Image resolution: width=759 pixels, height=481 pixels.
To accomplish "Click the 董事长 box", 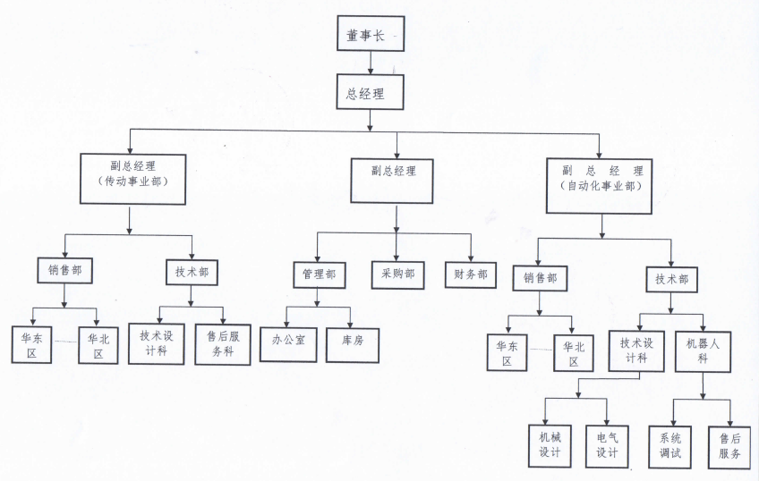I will click(x=371, y=35).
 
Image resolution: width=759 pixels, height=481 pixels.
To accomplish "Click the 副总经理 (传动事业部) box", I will click(x=132, y=180).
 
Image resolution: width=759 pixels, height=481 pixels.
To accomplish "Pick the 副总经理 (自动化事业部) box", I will click(x=601, y=184).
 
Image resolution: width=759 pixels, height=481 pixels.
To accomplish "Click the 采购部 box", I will click(x=397, y=274).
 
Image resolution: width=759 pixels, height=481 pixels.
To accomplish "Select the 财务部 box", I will click(x=470, y=274).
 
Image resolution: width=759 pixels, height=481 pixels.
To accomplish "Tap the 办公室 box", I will click(x=288, y=341).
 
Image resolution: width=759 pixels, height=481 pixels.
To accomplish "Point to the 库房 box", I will click(x=353, y=341).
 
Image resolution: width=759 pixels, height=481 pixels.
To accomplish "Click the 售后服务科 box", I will click(x=222, y=343).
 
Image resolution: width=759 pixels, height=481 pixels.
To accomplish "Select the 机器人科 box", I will click(x=702, y=350).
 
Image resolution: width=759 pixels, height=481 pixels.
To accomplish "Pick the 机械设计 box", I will click(x=549, y=444).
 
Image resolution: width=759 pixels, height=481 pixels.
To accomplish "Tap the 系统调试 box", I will click(x=671, y=444).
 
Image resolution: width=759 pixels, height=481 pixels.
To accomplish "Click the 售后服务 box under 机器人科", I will click(x=729, y=444).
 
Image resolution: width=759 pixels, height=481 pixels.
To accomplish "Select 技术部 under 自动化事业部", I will click(x=672, y=279).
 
